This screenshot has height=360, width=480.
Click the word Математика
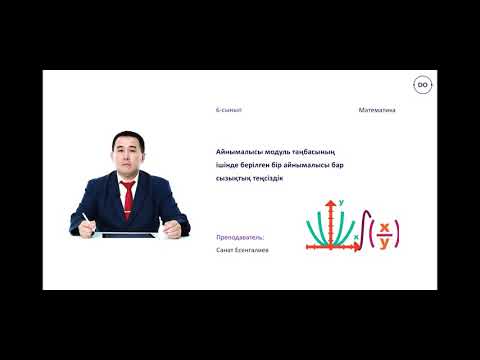tap(376, 110)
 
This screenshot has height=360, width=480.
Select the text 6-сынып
tap(229, 110)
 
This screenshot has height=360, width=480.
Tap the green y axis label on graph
tap(342, 203)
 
